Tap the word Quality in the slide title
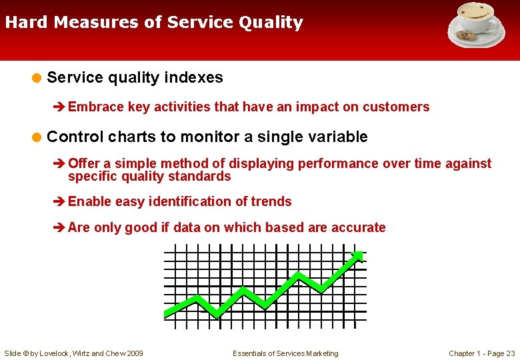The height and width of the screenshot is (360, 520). point(272,23)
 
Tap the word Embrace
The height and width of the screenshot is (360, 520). point(95,107)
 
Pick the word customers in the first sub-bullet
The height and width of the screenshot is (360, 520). point(399,107)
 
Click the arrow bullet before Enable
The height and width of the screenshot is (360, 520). point(59,202)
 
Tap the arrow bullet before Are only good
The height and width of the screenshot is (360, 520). point(59,228)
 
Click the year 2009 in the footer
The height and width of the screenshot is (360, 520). point(134,353)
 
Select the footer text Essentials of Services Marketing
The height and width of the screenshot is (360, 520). point(285,353)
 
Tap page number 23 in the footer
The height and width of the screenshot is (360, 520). point(511,353)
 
